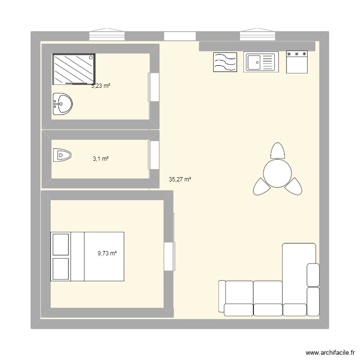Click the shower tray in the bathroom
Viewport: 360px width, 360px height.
tap(74, 69)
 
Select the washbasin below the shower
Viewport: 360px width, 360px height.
tap(62, 104)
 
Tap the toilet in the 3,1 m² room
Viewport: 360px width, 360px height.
tap(63, 155)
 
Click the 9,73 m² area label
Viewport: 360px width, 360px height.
tap(108, 254)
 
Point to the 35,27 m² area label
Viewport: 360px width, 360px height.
tap(180, 180)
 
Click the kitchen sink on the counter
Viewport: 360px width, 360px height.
tap(260, 62)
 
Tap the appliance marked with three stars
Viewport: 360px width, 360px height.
tap(297, 62)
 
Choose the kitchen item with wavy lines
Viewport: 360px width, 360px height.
tap(225, 62)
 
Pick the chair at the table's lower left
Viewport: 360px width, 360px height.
tap(261, 186)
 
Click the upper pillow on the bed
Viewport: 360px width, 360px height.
tap(60, 244)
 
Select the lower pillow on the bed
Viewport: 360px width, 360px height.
tap(60, 268)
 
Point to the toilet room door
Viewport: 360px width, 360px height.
tap(154, 155)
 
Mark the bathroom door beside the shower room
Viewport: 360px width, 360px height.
tap(154, 87)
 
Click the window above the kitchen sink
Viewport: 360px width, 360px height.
tap(258, 36)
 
